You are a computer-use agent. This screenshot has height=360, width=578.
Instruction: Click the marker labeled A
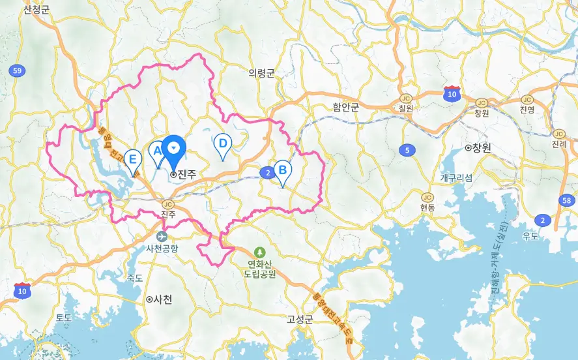(x=156, y=152)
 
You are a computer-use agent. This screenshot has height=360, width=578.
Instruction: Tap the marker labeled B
(x=283, y=171)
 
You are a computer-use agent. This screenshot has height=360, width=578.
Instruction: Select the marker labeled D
(x=223, y=144)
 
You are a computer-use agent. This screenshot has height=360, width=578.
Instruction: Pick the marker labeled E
(x=134, y=160)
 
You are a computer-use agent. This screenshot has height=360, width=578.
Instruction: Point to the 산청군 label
(x=36, y=10)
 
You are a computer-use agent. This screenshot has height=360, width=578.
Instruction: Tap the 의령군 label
(x=261, y=73)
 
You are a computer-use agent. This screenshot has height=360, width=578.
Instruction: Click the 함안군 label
(x=345, y=107)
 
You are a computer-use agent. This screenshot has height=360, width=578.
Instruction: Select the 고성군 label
(x=300, y=319)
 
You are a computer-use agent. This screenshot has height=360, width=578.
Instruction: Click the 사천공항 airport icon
(x=162, y=235)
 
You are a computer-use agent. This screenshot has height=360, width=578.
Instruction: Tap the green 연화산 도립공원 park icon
(x=260, y=252)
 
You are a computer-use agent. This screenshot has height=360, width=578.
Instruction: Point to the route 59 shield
(x=18, y=70)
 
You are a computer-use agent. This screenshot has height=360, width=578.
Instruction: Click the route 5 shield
(x=407, y=151)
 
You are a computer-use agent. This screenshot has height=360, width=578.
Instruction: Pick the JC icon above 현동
(x=427, y=197)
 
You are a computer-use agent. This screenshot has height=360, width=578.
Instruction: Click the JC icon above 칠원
(x=407, y=98)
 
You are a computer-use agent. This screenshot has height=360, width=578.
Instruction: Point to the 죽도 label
(x=134, y=277)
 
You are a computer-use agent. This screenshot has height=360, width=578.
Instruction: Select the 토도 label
(x=63, y=318)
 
